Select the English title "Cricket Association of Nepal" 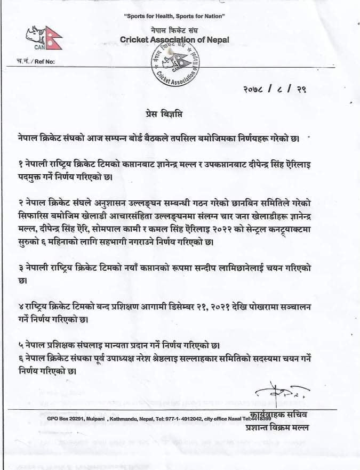[174, 39]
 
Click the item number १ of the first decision [19, 165]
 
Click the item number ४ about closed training [19, 309]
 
